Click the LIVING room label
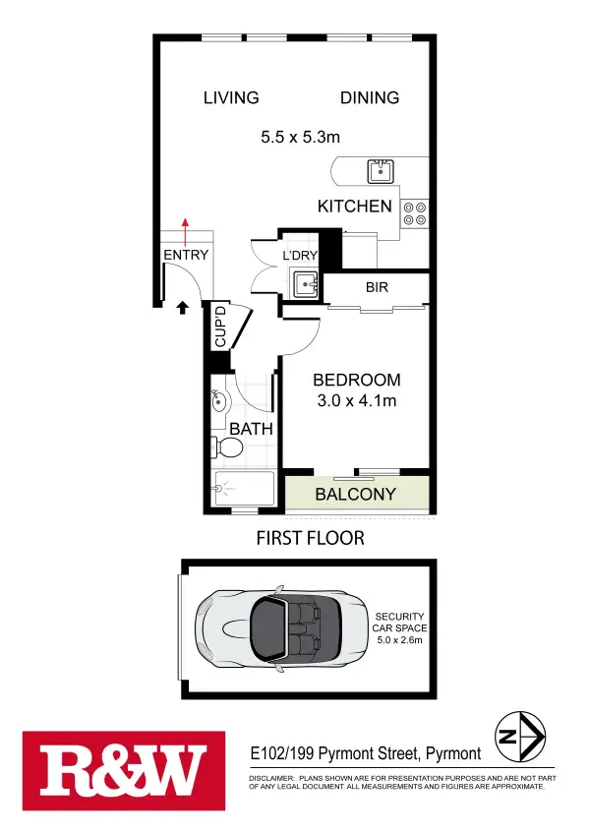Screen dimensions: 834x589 pos(231,97)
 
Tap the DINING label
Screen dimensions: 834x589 pos(370,97)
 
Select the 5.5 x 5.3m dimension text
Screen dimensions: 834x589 pos(300,138)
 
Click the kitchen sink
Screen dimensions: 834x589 pos(381,171)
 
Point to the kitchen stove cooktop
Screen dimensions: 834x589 pos(415,213)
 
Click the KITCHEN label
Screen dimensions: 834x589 pos(354,207)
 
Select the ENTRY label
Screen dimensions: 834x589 pos(186,256)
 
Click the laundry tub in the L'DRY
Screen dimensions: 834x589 pos(305,283)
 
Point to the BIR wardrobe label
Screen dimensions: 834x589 pos(377,288)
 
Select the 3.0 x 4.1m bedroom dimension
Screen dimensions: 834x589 pos(356,400)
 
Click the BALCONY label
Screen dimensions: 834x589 pos(355,495)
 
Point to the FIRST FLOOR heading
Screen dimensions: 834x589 pos(310,538)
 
